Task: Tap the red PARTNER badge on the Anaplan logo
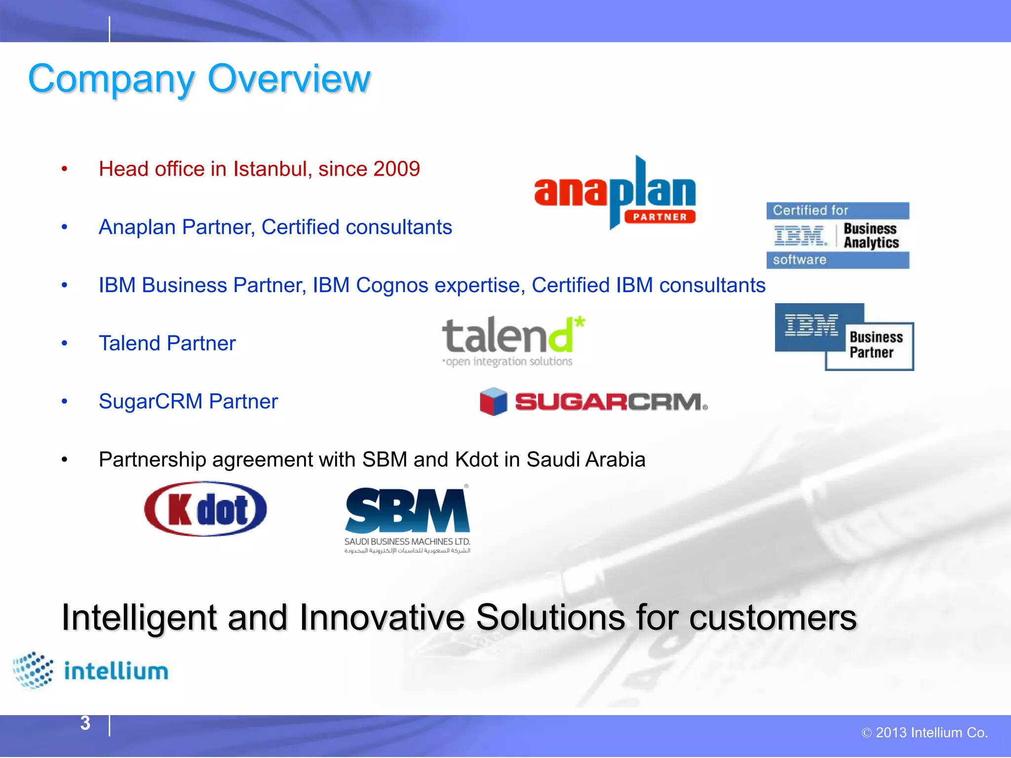[660, 217]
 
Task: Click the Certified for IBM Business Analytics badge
[837, 235]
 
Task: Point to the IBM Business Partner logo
[844, 337]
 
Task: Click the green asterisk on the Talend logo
[580, 323]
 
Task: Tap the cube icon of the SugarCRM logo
[493, 401]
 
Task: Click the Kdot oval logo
[205, 509]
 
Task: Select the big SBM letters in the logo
[407, 511]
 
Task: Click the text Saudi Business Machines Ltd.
[407, 542]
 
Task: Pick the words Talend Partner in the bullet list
[167, 343]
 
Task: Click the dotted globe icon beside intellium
[33, 670]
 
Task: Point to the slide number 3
[85, 723]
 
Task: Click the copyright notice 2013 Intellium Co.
[925, 733]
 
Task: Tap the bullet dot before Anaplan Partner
[64, 227]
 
